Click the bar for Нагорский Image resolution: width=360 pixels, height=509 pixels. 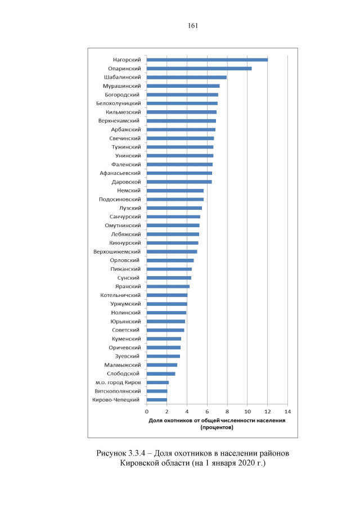[x=207, y=60]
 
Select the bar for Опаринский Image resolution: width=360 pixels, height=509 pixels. [x=199, y=69]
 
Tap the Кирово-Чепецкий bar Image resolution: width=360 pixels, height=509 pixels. [x=157, y=400]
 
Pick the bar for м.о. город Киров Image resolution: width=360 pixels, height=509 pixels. [x=157, y=382]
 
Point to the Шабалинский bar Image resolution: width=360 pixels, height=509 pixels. [x=186, y=77]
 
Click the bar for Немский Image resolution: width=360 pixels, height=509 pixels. [x=175, y=191]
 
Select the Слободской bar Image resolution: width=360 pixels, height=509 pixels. [x=161, y=373]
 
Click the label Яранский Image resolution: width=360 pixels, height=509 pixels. [x=128, y=286]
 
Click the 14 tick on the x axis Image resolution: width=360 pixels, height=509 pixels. [x=287, y=412]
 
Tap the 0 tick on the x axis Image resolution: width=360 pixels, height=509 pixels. [x=147, y=412]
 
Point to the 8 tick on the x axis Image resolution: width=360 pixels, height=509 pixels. [x=227, y=412]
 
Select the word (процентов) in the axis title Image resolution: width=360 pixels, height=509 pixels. [x=217, y=427]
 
